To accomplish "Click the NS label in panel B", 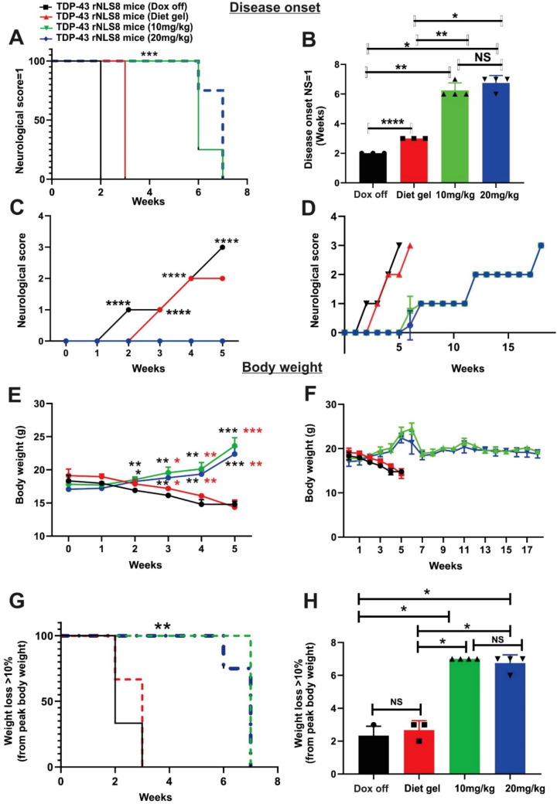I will pos(479,60).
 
